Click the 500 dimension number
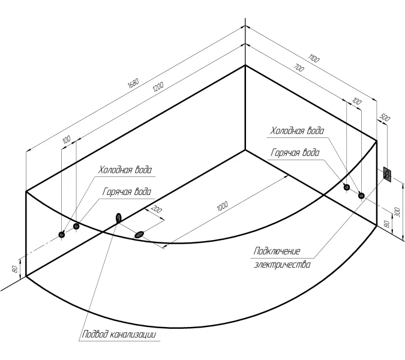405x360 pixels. pyautogui.click(x=386, y=118)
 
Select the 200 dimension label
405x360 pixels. pyautogui.click(x=157, y=210)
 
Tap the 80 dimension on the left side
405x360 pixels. pyautogui.click(x=14, y=268)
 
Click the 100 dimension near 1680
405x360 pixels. pyautogui.click(x=66, y=140)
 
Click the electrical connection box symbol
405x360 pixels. pyautogui.click(x=388, y=175)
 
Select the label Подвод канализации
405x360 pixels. pyautogui.click(x=119, y=335)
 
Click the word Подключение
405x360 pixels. pyautogui.click(x=277, y=251)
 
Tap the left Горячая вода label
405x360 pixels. pyautogui.click(x=127, y=192)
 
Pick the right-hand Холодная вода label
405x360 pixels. pyautogui.click(x=298, y=131)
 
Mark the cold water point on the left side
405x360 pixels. pyautogui.click(x=62, y=235)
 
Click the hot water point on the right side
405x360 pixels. pyautogui.click(x=361, y=195)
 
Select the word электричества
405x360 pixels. pyautogui.click(x=283, y=263)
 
